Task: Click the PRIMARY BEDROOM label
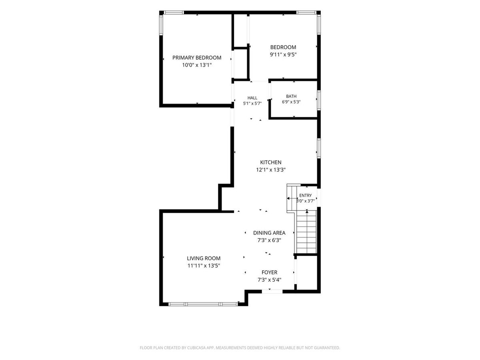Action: click(196, 58)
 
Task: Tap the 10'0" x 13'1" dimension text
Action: click(197, 65)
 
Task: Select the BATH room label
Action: click(291, 96)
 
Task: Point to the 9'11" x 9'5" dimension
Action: click(283, 54)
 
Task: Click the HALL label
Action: click(252, 98)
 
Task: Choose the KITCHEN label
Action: click(270, 162)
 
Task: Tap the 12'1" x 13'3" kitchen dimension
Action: click(271, 170)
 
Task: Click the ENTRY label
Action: click(305, 196)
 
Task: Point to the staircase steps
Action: click(306, 232)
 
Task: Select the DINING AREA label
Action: click(269, 233)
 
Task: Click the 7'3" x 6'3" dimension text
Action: click(269, 240)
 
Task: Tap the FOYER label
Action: click(269, 272)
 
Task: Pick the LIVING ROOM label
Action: click(204, 258)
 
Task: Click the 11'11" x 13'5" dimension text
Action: click(204, 266)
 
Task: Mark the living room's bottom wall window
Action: click(203, 304)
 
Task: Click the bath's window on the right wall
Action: click(319, 100)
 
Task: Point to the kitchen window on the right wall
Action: click(319, 148)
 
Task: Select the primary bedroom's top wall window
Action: click(174, 12)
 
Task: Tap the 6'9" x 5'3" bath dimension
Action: click(291, 102)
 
